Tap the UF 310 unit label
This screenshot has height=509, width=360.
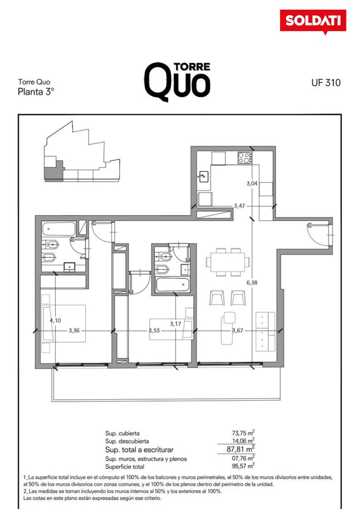326,83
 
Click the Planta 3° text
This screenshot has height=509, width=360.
36,92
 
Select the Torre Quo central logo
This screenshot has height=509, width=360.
177,81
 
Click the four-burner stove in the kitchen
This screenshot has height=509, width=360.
245,158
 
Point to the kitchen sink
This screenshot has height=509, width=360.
203,176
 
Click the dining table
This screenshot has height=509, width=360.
228,262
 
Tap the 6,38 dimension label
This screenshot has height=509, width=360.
252,282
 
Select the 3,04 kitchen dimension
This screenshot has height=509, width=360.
252,183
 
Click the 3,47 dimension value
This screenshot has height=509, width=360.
239,206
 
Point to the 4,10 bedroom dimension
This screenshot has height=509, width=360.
56,320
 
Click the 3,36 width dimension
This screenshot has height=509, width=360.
74,330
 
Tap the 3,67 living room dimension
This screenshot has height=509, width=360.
238,330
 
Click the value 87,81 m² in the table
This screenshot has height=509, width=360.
240,449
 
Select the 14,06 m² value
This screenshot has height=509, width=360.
243,441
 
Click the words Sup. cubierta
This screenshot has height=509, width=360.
122,433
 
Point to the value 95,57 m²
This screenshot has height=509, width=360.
243,466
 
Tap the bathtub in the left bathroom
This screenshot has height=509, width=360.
59,229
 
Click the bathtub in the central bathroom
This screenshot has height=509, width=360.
173,285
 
